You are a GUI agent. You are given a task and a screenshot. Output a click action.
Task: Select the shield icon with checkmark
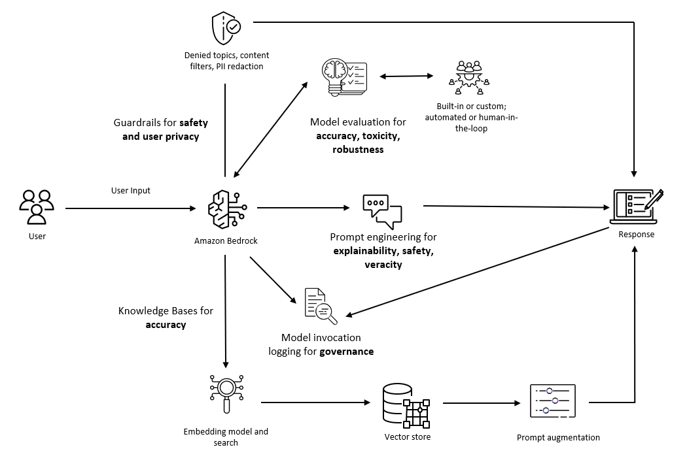coord(226,28)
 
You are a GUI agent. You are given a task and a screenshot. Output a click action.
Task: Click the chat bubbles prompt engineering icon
coord(382,210)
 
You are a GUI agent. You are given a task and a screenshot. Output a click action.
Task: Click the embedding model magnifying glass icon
coord(226,393)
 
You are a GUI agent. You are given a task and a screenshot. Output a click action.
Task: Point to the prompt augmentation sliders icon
coord(552,401)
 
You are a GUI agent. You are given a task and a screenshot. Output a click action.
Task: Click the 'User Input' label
coord(131,191)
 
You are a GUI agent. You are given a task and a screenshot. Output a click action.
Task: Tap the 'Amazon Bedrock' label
coord(226,241)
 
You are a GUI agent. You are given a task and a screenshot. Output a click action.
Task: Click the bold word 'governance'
coord(346,352)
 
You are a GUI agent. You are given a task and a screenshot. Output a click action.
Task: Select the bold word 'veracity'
coord(384,265)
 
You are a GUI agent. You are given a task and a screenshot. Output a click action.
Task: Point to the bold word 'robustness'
coord(357,150)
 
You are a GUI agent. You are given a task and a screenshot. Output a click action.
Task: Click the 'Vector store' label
coord(407,436)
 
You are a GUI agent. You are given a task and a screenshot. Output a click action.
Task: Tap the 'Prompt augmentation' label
coord(557,438)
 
